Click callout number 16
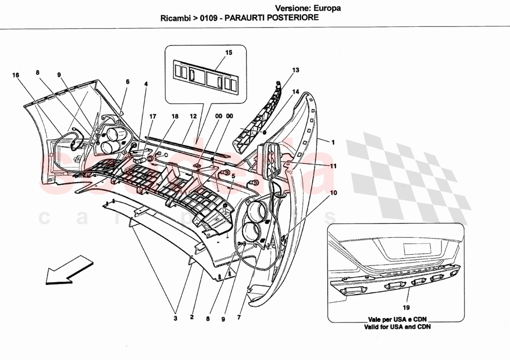click(16, 75)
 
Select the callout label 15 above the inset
click(229, 53)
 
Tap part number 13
click(295, 70)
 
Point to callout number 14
click(295, 92)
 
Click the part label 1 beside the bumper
click(333, 142)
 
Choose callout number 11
click(333, 165)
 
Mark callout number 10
click(333, 192)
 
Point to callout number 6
click(127, 82)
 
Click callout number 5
click(233, 176)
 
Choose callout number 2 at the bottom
click(191, 317)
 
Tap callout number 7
click(239, 318)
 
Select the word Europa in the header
click(328, 8)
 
